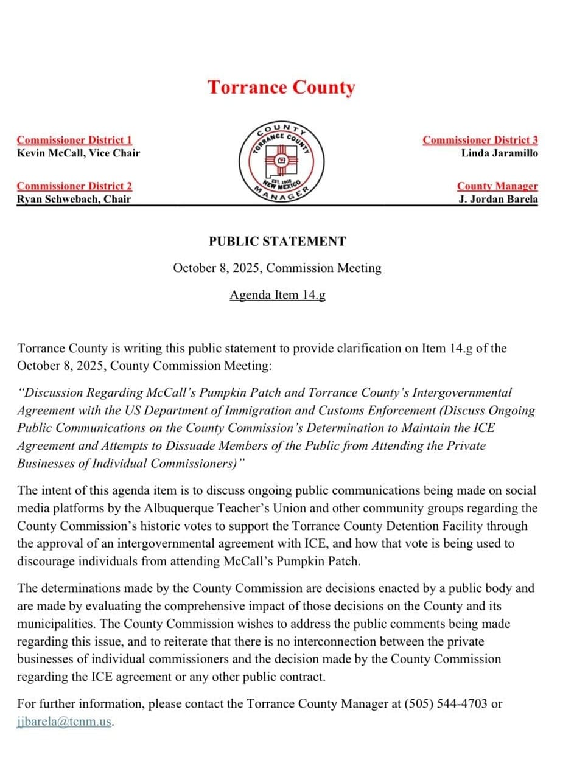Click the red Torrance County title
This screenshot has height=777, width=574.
(x=281, y=88)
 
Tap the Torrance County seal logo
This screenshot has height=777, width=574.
(x=281, y=162)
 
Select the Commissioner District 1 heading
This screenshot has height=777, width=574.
(x=74, y=140)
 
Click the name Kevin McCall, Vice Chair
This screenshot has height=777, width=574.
(x=78, y=153)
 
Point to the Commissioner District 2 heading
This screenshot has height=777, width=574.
(x=74, y=186)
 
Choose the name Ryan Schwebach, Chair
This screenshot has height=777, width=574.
(x=74, y=199)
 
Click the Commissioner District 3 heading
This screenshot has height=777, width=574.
(x=480, y=140)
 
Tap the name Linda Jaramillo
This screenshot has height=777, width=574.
(x=499, y=153)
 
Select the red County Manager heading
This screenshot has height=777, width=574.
(x=497, y=186)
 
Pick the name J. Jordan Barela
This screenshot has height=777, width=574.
(x=498, y=199)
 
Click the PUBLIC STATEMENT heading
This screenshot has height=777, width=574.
(x=277, y=242)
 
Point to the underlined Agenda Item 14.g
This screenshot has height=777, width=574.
(x=277, y=295)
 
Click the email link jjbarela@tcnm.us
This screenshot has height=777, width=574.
(x=65, y=722)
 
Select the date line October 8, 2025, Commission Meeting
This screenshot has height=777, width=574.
(x=277, y=268)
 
